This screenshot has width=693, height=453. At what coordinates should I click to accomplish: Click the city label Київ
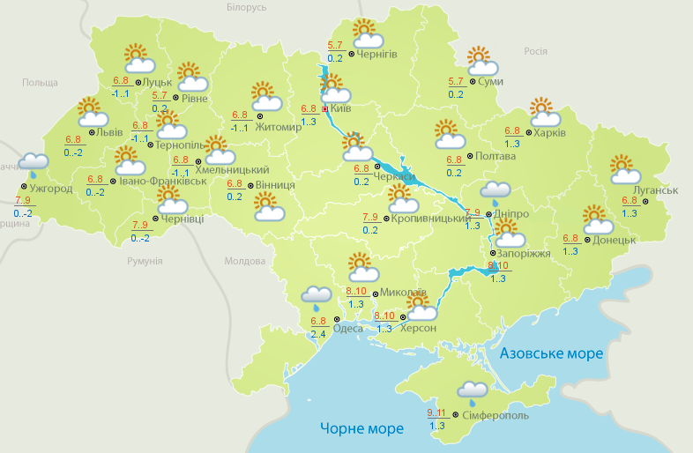tap(340, 109)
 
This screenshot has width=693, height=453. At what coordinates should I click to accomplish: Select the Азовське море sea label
tap(552, 353)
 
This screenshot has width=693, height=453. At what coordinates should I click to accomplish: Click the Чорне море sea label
tap(361, 428)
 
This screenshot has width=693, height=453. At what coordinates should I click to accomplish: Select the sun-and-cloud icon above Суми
tap(481, 61)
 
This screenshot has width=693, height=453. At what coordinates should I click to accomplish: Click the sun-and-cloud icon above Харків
tap(544, 113)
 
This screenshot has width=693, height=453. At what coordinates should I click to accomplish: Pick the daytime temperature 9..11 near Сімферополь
tap(436, 412)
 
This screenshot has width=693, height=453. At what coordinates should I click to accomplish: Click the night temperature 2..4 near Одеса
tap(318, 334)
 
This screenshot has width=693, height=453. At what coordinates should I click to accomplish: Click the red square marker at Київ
tap(325, 109)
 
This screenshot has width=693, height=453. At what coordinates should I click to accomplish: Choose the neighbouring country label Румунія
tap(145, 262)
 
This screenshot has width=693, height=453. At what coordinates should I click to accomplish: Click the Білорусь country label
tap(246, 8)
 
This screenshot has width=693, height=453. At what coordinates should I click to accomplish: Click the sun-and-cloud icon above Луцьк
tap(138, 60)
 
